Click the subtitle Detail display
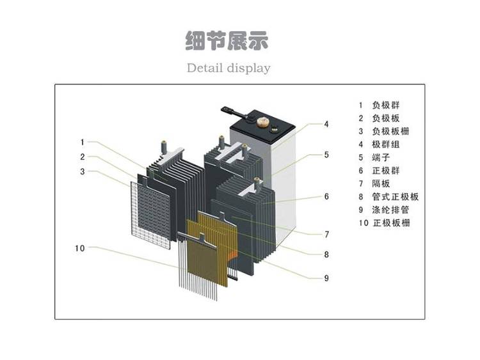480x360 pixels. point(228,68)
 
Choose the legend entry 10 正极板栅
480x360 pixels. point(384,223)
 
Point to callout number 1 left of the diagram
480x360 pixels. point(83,142)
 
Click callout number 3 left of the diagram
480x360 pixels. point(83,171)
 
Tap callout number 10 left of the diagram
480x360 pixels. point(80,248)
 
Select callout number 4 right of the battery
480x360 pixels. point(326,124)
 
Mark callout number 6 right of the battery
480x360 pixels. point(326,196)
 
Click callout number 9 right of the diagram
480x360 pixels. point(326,277)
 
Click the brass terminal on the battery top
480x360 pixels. point(263,120)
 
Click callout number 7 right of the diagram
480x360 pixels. point(326,234)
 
